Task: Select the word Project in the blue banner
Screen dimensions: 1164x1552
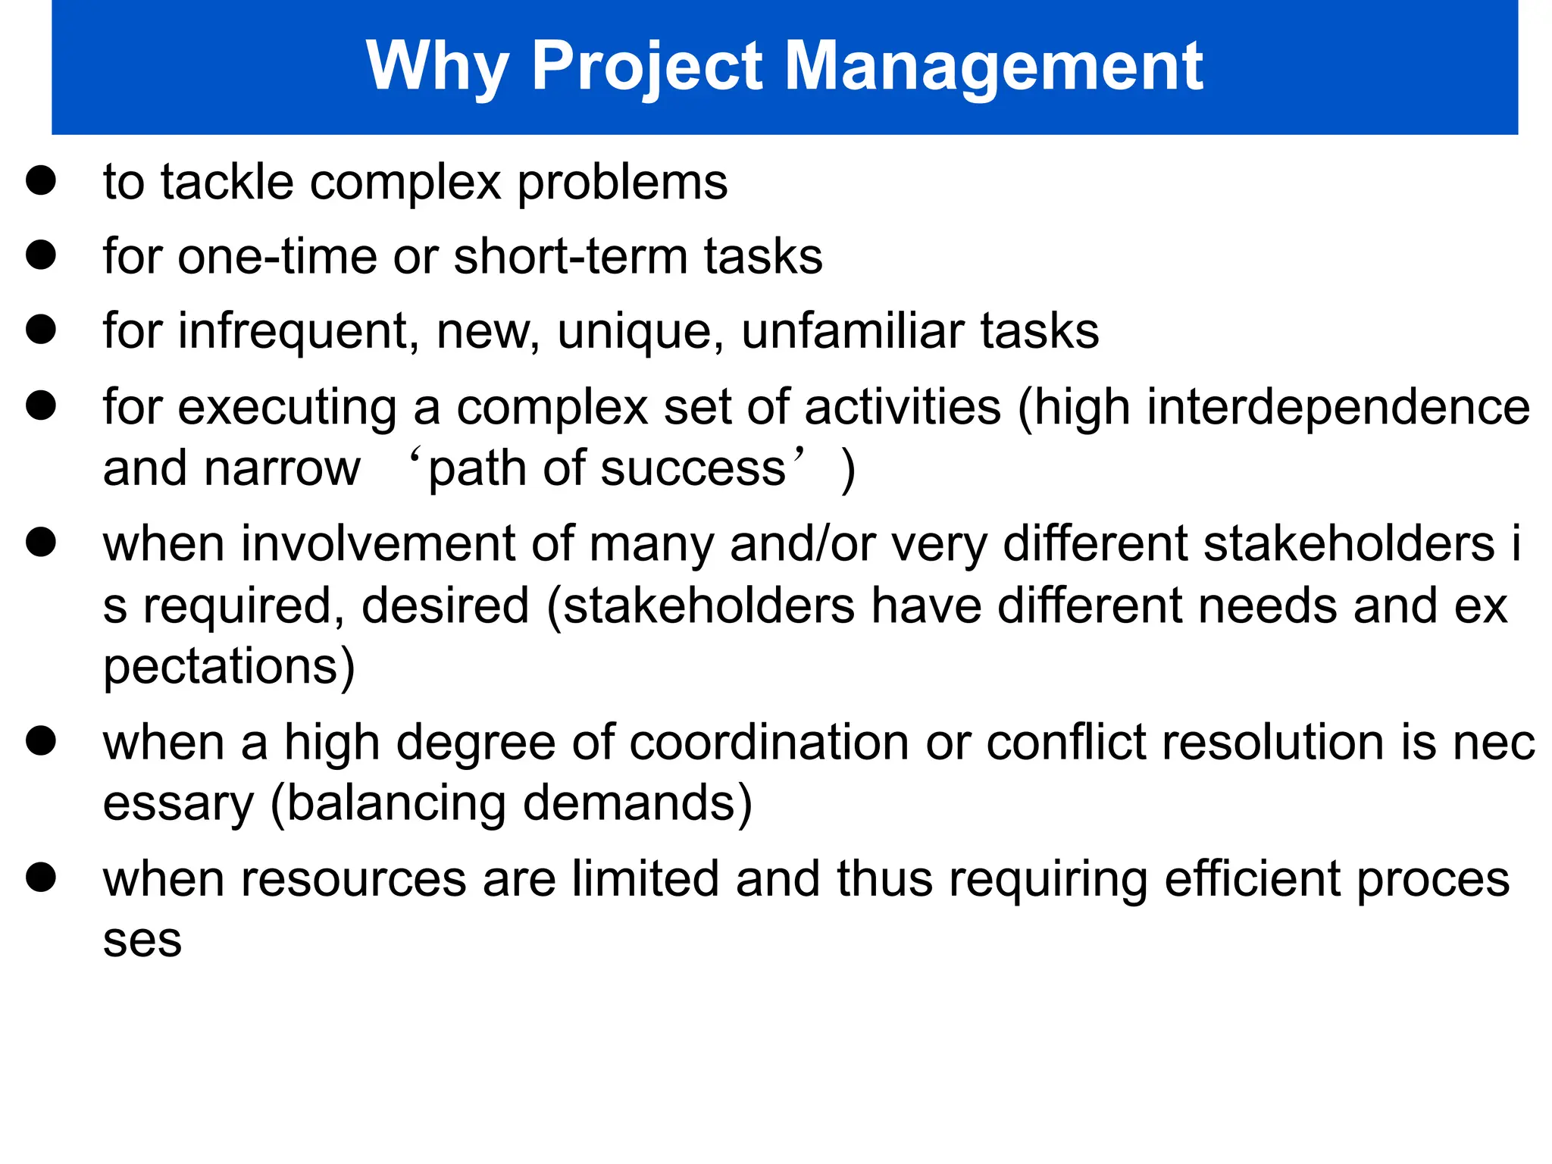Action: [x=647, y=67]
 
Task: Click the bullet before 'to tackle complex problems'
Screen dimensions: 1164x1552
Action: [x=41, y=181]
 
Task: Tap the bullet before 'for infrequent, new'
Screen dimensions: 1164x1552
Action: [x=41, y=330]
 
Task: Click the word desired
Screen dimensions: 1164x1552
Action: [x=445, y=606]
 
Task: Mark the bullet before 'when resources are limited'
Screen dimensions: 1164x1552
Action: [x=41, y=878]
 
